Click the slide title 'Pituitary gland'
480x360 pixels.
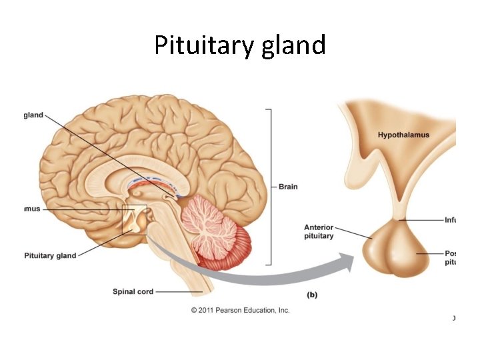click(x=240, y=45)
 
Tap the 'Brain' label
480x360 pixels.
click(x=288, y=187)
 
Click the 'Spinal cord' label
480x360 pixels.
click(x=133, y=291)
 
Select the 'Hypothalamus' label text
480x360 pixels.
click(x=403, y=135)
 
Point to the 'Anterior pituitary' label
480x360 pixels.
click(x=319, y=232)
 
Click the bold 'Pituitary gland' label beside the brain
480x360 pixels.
click(x=50, y=255)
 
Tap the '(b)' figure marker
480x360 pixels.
click(x=311, y=294)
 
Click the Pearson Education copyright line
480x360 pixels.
click(x=240, y=310)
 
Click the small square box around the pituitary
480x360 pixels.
click(x=134, y=219)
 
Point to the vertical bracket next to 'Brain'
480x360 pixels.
click(x=270, y=187)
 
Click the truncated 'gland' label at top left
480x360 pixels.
click(x=33, y=115)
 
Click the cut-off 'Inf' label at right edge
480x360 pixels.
click(x=450, y=219)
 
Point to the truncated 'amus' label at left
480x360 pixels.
click(x=31, y=209)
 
